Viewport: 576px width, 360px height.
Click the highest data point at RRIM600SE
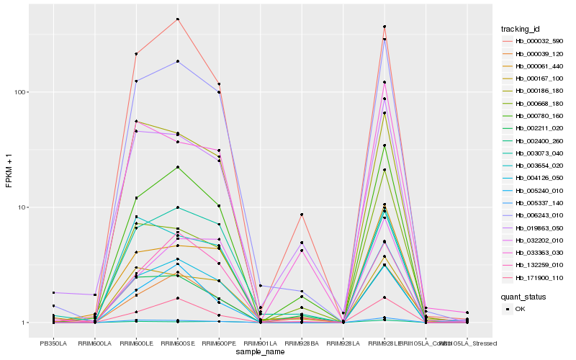177,19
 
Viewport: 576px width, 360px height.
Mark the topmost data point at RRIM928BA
302,215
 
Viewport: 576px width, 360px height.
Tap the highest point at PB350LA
53,292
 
